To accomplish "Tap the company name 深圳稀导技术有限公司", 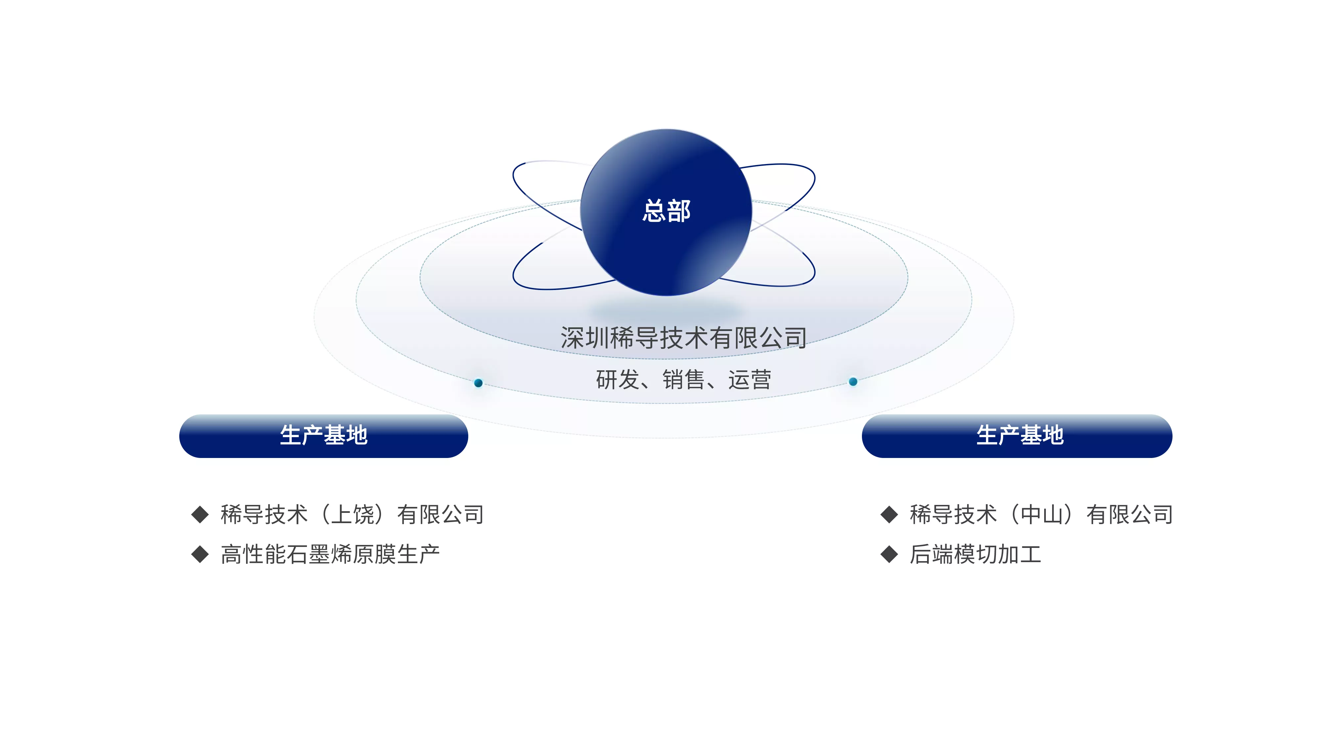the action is tap(684, 338).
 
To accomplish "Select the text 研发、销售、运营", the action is tap(684, 380).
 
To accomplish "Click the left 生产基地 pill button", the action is tap(323, 436).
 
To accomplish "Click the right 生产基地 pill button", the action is tap(1017, 436).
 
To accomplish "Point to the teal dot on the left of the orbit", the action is tap(478, 383).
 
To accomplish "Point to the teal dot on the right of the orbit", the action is tap(853, 382).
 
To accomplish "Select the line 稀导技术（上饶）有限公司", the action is tap(352, 515).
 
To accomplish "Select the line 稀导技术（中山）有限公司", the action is tap(1042, 515).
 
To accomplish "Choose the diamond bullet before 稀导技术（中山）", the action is tap(889, 515).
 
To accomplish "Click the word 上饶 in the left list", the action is tap(352, 515).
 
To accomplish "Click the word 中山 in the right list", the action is tap(1042, 515).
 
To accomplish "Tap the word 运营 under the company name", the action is tap(750, 380).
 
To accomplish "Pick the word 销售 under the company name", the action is tap(684, 380).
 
